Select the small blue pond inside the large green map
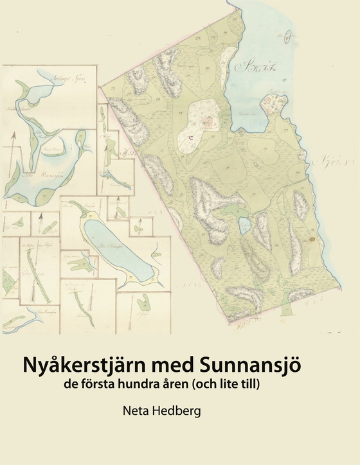[245, 225]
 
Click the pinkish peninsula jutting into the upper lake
[275, 103]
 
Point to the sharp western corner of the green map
[101, 85]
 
